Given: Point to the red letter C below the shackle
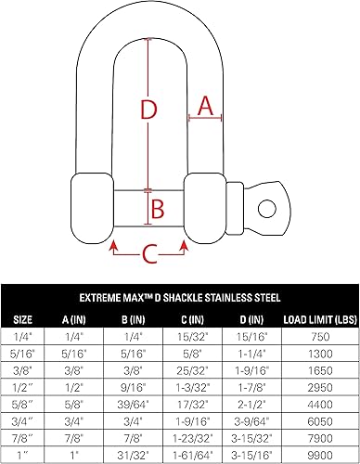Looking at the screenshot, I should [x=149, y=252].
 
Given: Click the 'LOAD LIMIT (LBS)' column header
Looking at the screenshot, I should [x=318, y=321].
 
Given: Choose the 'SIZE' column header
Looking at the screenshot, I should [x=22, y=321].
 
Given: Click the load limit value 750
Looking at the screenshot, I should [x=320, y=336].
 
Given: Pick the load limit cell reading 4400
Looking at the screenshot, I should [x=320, y=404].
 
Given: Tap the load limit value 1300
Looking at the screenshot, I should [x=320, y=353].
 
